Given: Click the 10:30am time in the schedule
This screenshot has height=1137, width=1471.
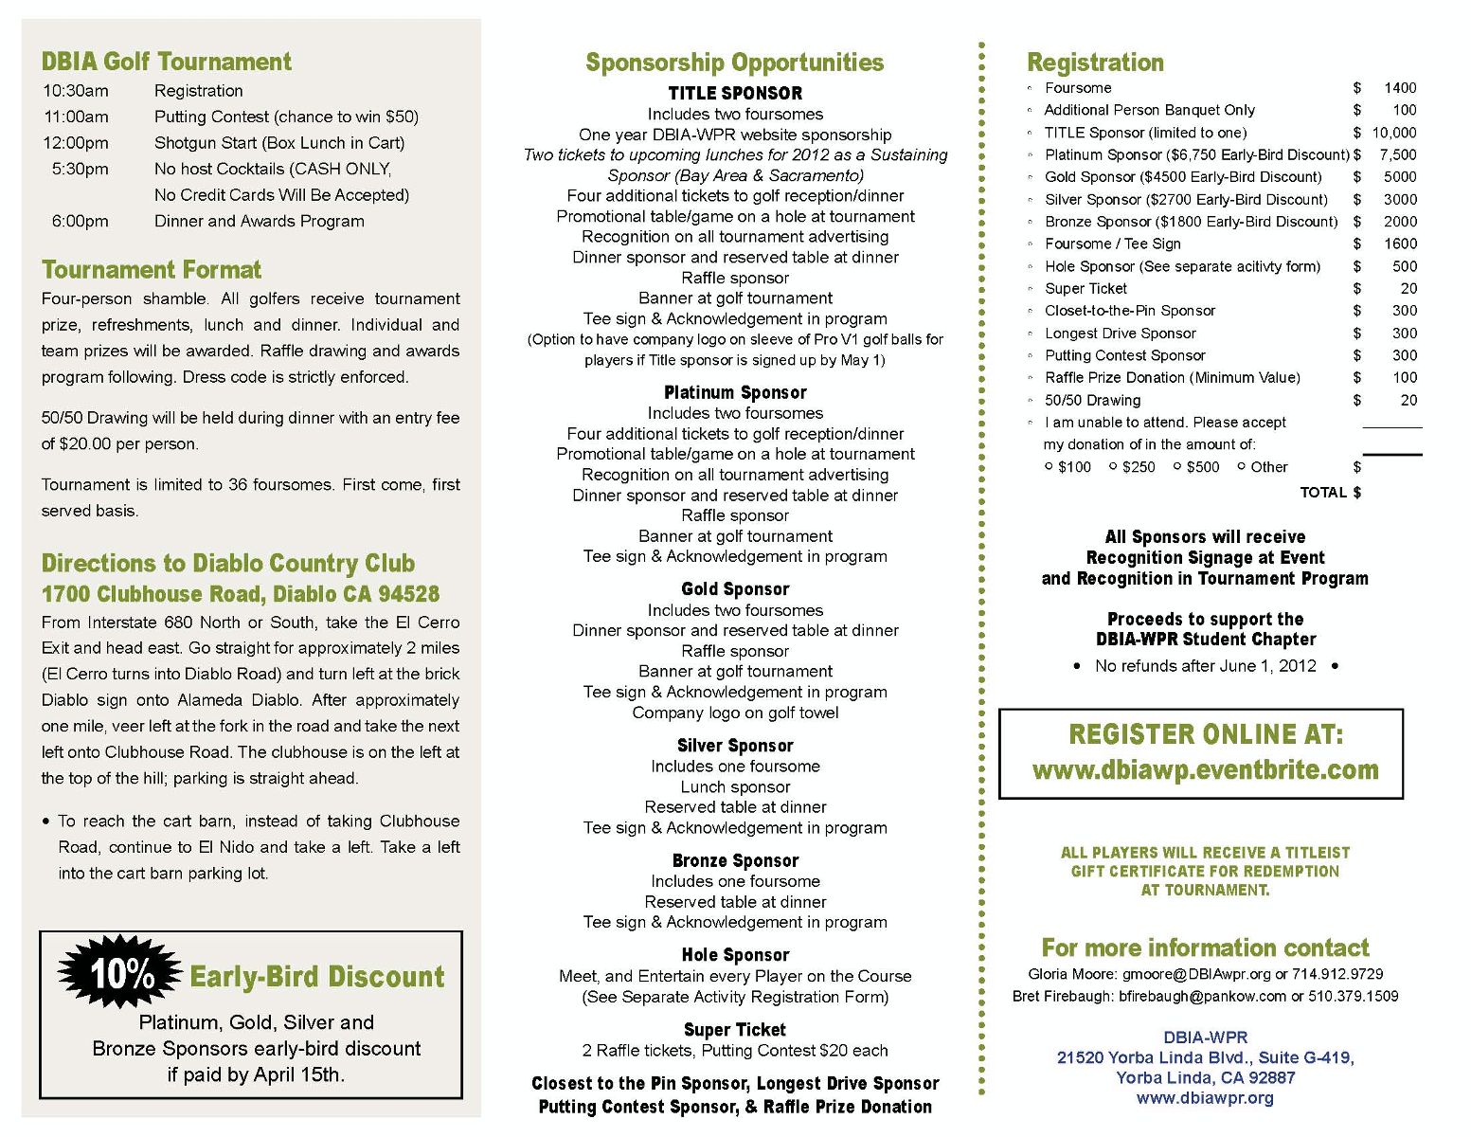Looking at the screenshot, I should [75, 91].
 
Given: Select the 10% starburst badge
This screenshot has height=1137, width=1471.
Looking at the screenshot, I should [120, 973].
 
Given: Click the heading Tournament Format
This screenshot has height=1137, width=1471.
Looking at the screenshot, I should [151, 270].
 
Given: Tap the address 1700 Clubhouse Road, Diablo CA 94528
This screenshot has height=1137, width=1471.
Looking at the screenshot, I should [240, 594].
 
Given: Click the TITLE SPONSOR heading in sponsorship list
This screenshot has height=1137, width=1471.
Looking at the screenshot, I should [734, 93].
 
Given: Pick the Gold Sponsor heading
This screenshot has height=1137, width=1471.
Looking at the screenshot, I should [734, 589].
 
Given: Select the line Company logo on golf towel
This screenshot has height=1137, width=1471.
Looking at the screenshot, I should [735, 713].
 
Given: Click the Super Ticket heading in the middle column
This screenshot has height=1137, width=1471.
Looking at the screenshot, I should [734, 1030].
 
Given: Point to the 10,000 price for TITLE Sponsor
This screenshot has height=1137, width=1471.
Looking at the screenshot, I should [1393, 133].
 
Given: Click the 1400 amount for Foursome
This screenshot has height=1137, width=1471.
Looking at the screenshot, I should [1399, 87].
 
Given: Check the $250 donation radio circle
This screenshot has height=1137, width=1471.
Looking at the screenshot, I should [1113, 466].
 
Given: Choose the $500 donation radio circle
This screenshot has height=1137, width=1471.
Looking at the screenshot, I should [1177, 466].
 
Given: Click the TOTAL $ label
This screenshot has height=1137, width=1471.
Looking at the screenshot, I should [1330, 492].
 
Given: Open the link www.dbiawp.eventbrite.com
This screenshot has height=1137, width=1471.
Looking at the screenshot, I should [1205, 769].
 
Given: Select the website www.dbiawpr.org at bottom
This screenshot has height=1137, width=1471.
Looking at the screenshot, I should [1205, 1098].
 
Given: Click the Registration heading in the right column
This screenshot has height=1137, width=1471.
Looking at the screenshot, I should [1095, 63].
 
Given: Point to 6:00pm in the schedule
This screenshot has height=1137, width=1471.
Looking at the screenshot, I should [80, 221].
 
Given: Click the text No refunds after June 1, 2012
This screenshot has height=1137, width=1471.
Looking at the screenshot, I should [1205, 666].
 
